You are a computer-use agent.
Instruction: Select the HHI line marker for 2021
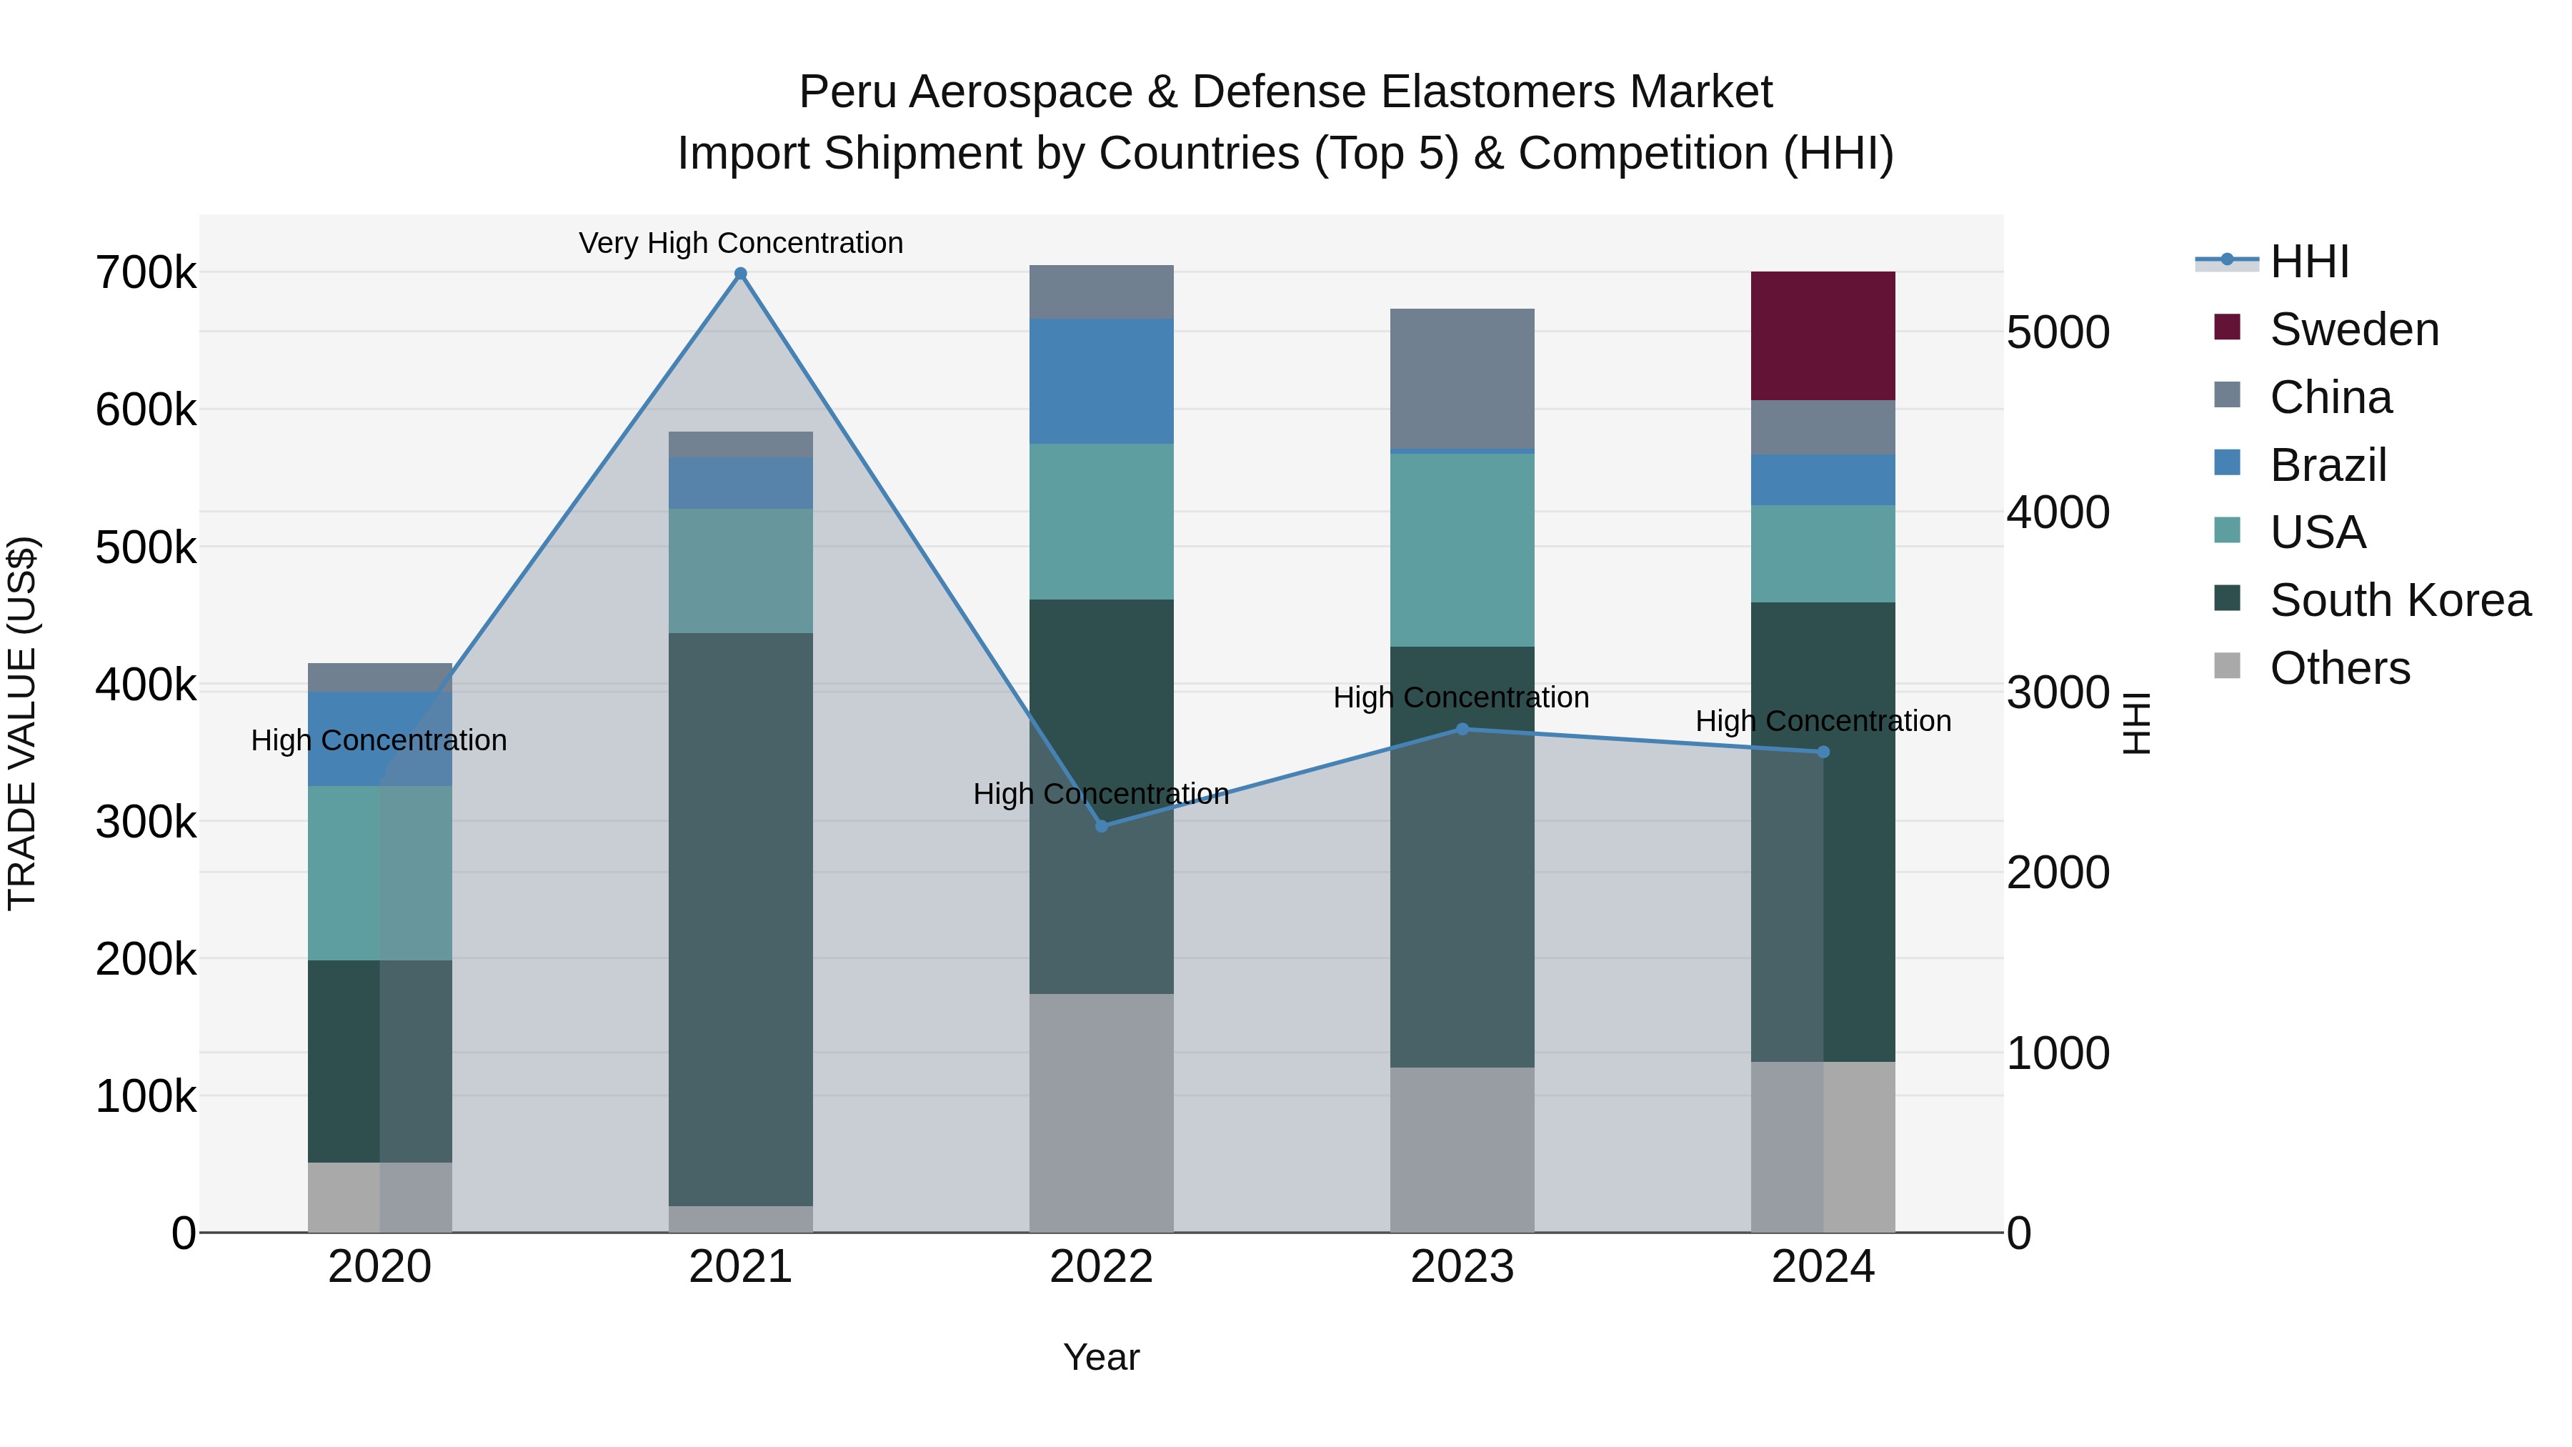tap(740, 274)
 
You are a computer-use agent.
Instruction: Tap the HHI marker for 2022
tap(1101, 826)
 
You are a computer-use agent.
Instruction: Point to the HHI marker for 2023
tap(1462, 729)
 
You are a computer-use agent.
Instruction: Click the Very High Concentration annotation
tap(740, 243)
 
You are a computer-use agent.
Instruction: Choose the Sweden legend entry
tap(2353, 329)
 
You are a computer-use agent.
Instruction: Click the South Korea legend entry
tap(2398, 600)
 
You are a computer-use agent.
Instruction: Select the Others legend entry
tap(2338, 668)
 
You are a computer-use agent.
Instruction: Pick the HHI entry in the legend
tap(2308, 262)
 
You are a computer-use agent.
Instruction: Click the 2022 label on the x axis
tap(1101, 1267)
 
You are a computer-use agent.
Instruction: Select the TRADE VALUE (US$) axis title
tap(22, 723)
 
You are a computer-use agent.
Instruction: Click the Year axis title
tap(1101, 1357)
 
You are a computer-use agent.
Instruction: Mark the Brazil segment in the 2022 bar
tap(1101, 382)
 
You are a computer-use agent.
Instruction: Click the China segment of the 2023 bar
tap(1462, 379)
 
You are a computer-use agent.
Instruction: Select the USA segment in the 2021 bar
tap(740, 570)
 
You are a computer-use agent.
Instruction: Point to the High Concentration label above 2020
tap(379, 740)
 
